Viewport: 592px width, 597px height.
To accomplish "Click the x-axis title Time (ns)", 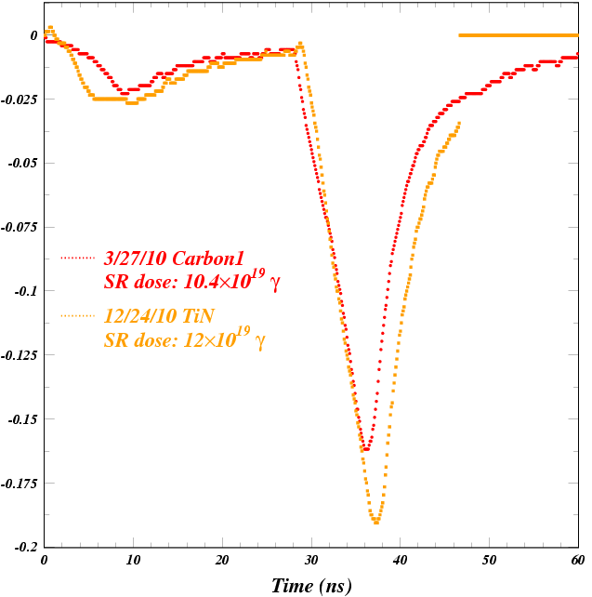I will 311,586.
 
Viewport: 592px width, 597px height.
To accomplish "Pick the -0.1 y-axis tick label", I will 25,291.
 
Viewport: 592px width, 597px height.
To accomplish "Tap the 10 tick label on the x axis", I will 133,561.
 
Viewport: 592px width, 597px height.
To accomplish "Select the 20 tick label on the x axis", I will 222,561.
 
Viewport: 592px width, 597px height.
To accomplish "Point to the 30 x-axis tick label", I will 311,561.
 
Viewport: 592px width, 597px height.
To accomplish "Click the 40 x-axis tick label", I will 400,561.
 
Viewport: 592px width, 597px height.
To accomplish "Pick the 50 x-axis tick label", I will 489,561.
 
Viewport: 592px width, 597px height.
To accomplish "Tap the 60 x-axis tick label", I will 577,561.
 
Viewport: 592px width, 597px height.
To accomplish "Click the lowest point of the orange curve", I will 375,523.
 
